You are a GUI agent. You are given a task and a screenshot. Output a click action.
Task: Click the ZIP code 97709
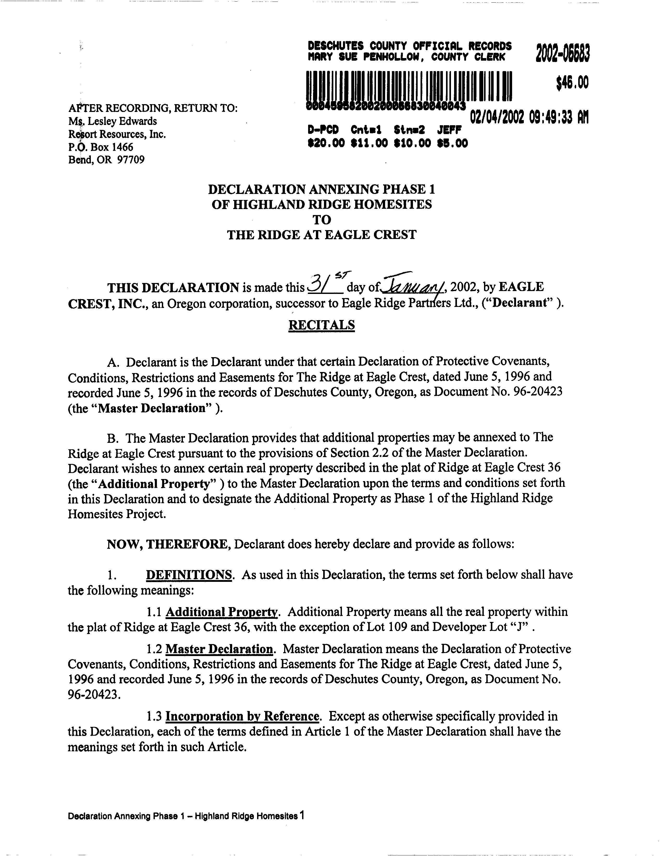131,160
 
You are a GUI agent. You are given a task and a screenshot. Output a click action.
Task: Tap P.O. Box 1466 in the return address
101,147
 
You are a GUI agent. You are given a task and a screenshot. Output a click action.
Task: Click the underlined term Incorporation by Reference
242,716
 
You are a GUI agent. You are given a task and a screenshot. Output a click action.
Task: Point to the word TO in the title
322,220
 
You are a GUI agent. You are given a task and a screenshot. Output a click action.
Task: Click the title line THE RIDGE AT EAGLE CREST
322,235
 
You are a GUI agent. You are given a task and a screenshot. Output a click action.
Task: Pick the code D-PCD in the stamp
323,130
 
